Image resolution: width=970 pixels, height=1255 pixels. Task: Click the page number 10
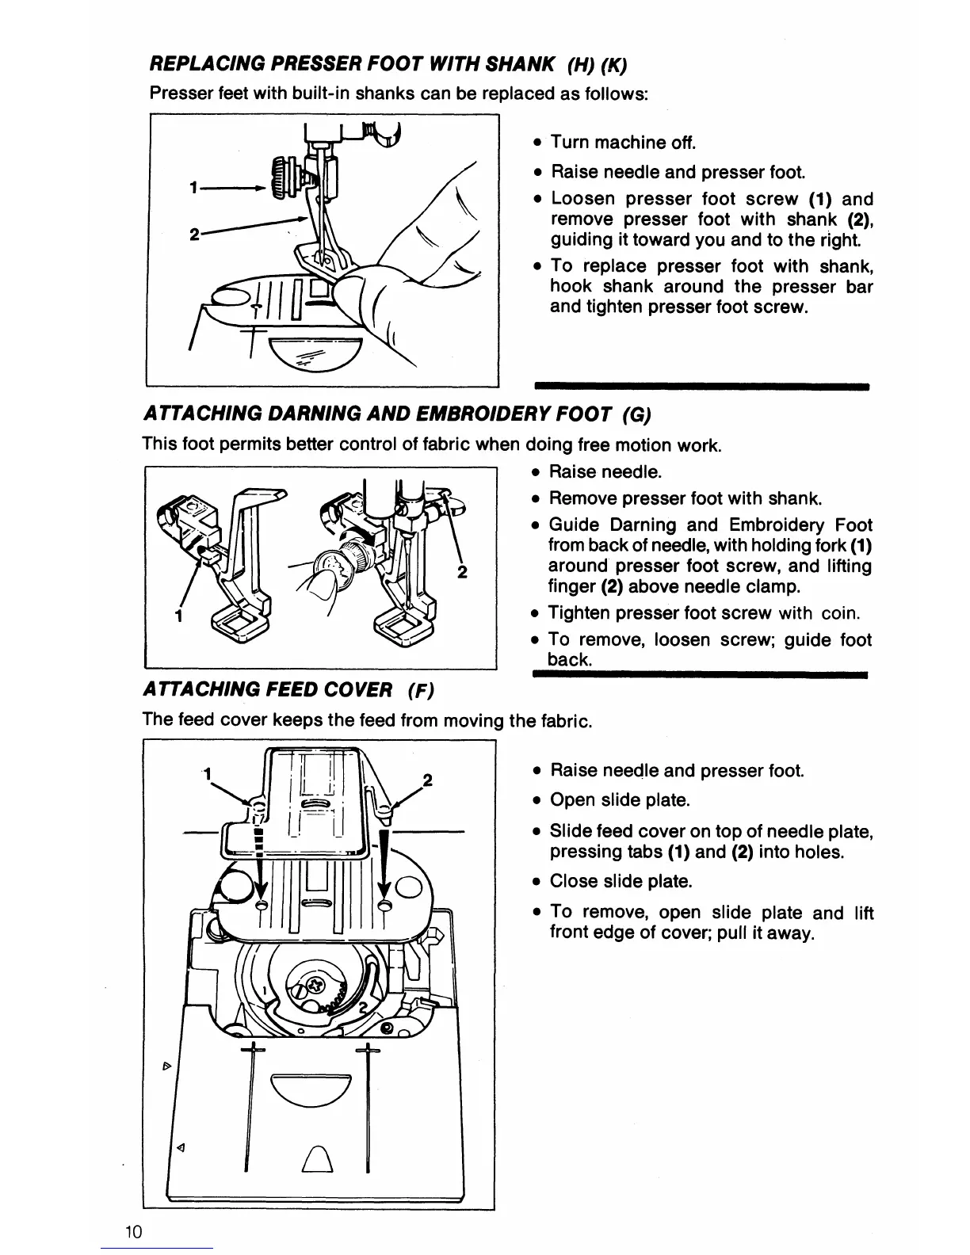click(x=132, y=1231)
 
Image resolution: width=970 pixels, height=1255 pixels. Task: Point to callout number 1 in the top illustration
click(x=193, y=189)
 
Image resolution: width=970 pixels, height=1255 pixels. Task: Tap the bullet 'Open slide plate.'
click(x=620, y=800)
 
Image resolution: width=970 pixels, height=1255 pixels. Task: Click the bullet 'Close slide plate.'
click(x=621, y=881)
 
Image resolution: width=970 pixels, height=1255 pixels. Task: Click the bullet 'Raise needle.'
click(x=605, y=472)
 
